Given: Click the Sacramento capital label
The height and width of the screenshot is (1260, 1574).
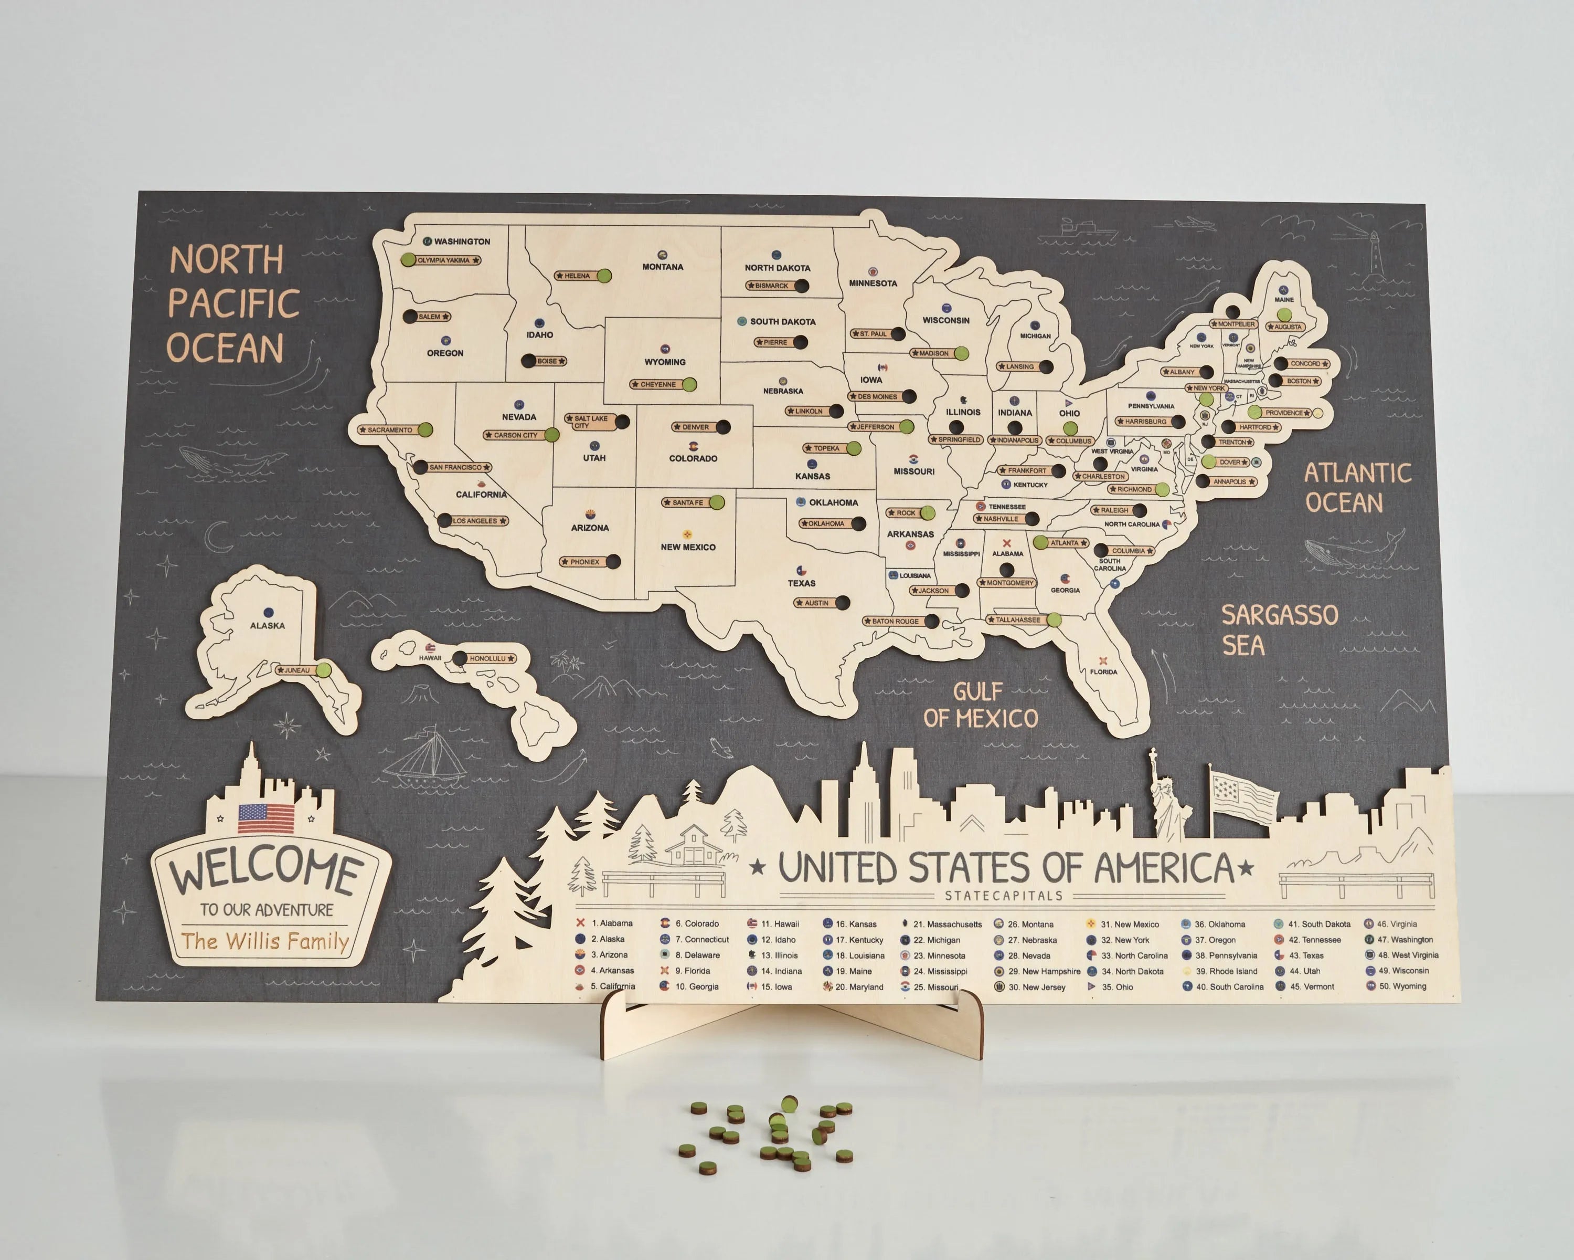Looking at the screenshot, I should tap(390, 430).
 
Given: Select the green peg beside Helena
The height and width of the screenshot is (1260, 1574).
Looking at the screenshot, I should tap(604, 276).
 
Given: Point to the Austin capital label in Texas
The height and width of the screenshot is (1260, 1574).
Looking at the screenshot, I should tap(816, 603).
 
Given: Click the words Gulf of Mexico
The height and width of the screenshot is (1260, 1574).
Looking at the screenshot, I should tap(980, 705).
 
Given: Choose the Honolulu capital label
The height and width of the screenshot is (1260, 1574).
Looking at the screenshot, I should tap(487, 659).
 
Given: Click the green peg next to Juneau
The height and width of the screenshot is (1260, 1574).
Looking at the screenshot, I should tap(323, 670).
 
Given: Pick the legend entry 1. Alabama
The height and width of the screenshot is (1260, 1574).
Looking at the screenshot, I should tap(610, 923).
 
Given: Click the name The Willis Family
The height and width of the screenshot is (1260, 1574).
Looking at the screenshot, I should tap(265, 941).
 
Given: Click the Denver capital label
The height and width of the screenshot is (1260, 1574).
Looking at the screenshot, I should tap(695, 427).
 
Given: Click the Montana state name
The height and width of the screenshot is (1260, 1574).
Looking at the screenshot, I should tap(663, 267).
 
